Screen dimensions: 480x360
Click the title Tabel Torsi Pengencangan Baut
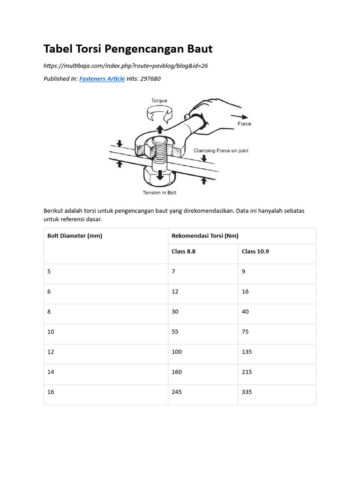click(x=128, y=49)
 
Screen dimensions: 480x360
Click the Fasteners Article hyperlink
click(x=102, y=79)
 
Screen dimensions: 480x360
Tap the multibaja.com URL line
click(x=126, y=66)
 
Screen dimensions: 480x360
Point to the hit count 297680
click(x=150, y=79)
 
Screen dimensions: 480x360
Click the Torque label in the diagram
click(x=159, y=100)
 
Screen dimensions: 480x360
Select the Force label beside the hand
click(x=244, y=124)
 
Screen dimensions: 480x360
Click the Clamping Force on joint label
click(x=221, y=150)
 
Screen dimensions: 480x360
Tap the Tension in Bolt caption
click(x=159, y=193)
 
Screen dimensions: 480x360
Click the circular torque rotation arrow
click(x=160, y=112)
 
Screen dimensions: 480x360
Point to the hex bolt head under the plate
click(x=160, y=177)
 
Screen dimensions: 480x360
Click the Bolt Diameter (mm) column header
click(x=75, y=236)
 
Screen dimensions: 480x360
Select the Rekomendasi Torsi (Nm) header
click(x=205, y=236)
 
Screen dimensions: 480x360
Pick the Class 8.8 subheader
click(x=183, y=251)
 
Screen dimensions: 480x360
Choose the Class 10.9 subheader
click(x=255, y=251)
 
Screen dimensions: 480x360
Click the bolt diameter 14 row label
click(x=51, y=372)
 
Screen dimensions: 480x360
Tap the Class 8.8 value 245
click(x=177, y=392)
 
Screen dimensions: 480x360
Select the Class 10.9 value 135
click(x=247, y=352)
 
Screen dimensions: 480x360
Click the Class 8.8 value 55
click(x=175, y=331)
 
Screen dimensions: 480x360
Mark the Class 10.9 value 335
click(x=247, y=392)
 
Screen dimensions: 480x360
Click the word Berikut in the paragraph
click(x=54, y=211)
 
